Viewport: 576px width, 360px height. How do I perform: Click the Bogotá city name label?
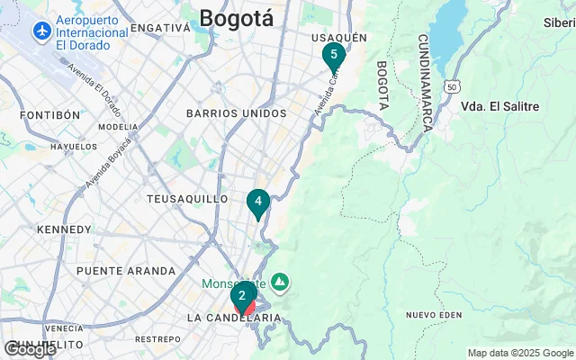point(236,17)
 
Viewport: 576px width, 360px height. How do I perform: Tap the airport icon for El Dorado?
point(40,31)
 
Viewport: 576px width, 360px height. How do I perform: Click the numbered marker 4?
point(258,202)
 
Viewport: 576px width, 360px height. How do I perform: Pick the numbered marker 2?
point(242,295)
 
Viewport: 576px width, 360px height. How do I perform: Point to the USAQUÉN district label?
point(338,37)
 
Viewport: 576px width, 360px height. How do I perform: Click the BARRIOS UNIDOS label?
point(236,113)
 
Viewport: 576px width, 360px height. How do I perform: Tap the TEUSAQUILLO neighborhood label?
point(187,199)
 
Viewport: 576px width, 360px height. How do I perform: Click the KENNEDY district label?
point(64,230)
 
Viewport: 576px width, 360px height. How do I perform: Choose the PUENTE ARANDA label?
point(126,271)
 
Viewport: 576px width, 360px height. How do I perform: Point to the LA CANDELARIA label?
point(234,319)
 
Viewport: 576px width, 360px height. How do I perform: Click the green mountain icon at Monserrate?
point(281,283)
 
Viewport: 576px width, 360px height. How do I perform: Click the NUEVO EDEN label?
point(434,314)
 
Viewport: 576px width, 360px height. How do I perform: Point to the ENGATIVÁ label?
point(160,28)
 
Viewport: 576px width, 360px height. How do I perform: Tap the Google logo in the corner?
point(29,349)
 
